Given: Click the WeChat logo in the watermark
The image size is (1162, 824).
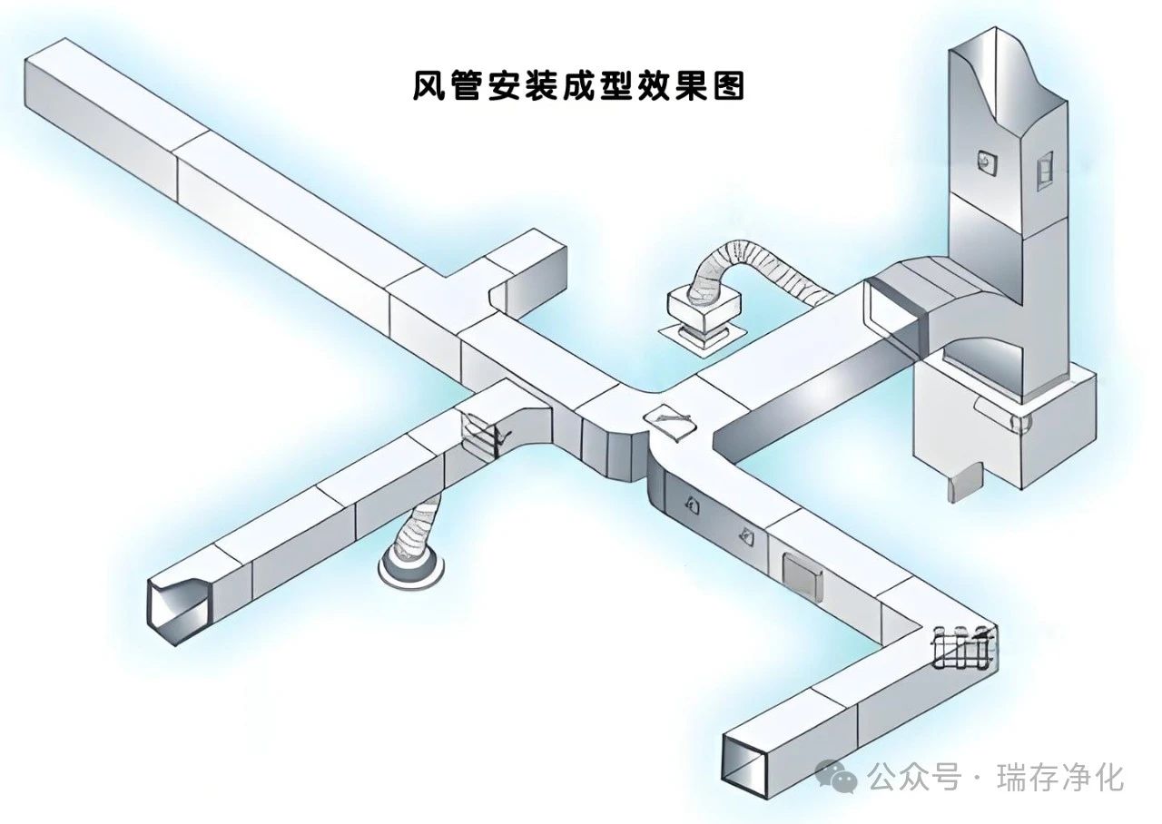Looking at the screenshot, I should (x=836, y=776).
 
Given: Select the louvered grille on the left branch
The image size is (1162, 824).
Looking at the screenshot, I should (x=482, y=435).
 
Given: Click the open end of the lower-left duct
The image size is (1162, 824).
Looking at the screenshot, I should (x=178, y=610).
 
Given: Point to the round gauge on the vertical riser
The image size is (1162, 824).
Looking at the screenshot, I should (x=984, y=162).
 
